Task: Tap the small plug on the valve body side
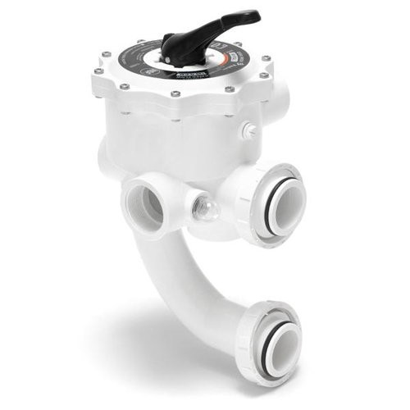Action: (248, 130)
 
